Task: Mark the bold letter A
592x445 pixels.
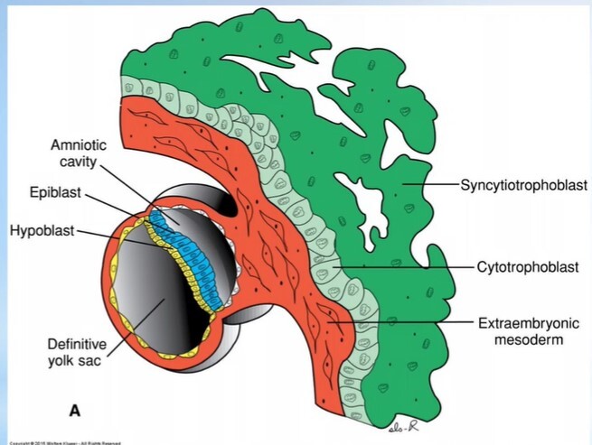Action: (76, 411)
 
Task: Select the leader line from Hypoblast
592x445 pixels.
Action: (117, 236)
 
